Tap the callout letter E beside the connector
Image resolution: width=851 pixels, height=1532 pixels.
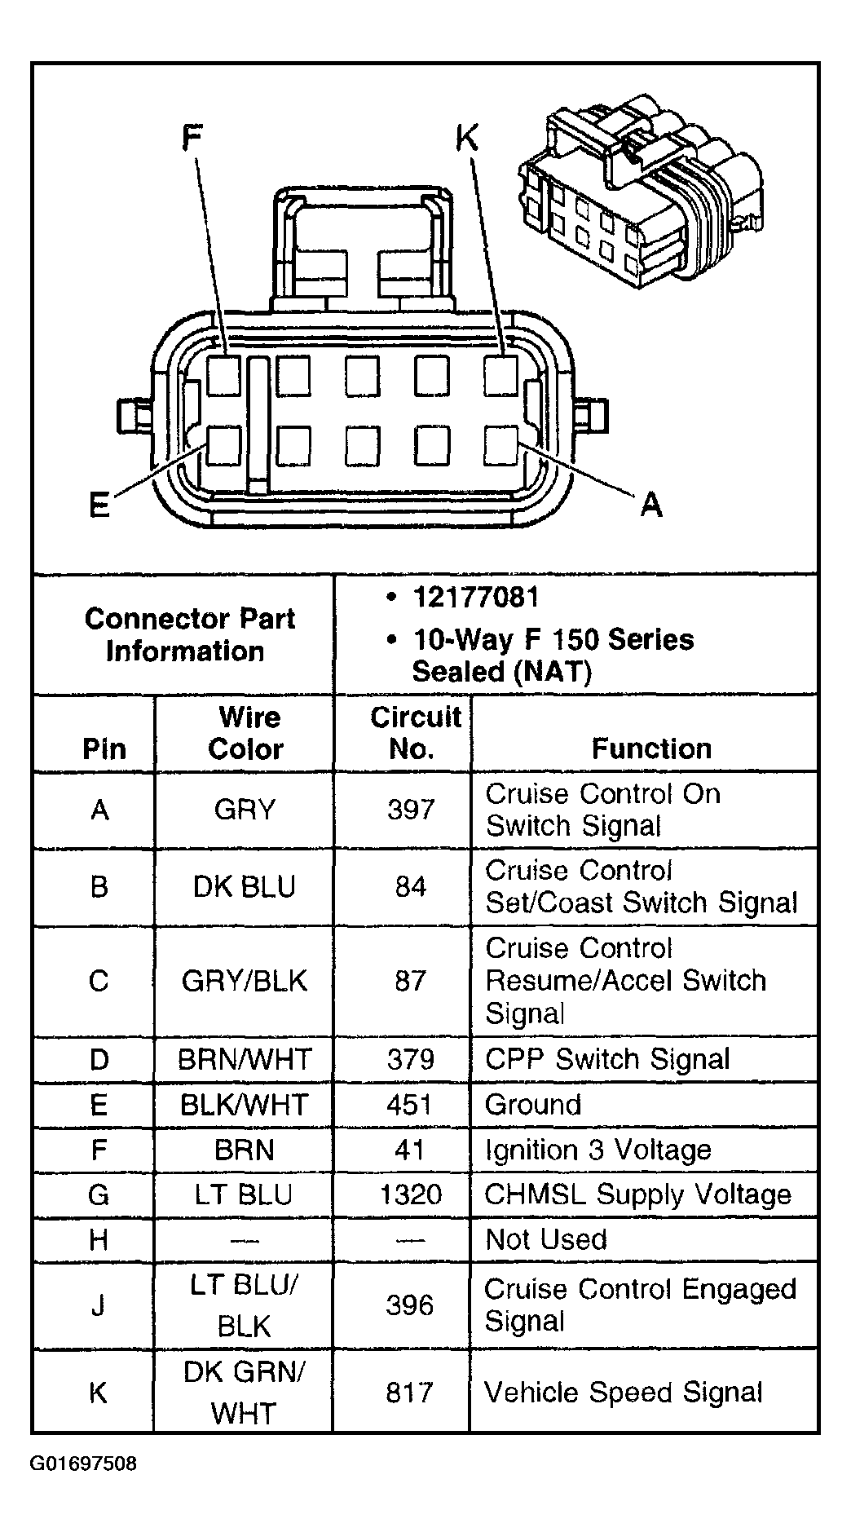99,505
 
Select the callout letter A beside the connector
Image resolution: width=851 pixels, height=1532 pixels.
650,505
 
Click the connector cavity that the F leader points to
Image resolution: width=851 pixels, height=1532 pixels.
223,375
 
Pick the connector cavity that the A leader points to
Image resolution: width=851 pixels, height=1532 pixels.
500,445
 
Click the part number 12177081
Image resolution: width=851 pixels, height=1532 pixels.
476,598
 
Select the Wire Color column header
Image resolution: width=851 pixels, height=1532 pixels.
247,733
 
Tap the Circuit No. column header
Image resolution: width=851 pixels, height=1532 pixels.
413,733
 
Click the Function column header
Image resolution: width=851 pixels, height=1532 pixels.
651,748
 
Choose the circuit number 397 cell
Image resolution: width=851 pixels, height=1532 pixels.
411,810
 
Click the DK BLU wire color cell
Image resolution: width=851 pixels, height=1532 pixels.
244,886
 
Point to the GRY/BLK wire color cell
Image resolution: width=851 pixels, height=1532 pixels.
244,980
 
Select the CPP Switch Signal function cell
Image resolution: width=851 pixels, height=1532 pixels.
607,1059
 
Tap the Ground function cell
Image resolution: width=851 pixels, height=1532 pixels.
533,1104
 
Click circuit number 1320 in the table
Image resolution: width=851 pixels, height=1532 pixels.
410,1194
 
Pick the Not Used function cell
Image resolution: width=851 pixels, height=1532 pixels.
546,1239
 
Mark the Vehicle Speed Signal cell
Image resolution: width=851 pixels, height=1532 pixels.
624,1392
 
